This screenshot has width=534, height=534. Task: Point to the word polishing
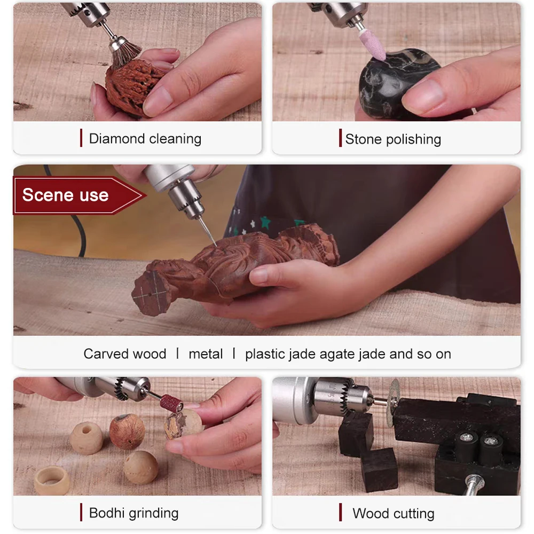pyautogui.click(x=413, y=139)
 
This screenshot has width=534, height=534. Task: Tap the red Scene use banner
pyautogui.click(x=79, y=195)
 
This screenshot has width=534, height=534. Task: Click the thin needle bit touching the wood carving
pyautogui.click(x=207, y=231)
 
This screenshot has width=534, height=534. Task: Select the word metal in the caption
pyautogui.click(x=206, y=354)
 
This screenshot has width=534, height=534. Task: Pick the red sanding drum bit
pyautogui.click(x=171, y=403)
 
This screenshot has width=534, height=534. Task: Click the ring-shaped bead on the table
pyautogui.click(x=51, y=480)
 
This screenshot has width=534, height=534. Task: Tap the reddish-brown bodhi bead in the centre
pyautogui.click(x=127, y=431)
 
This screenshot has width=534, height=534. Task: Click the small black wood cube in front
pyautogui.click(x=379, y=469)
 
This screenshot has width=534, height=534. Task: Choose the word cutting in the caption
pyautogui.click(x=414, y=514)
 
